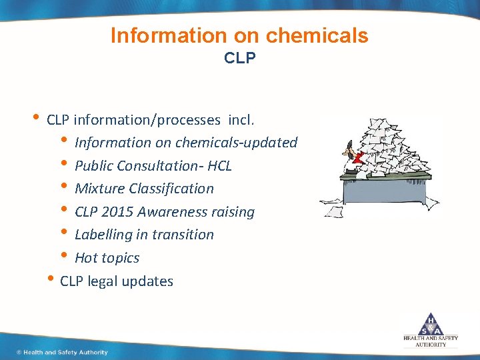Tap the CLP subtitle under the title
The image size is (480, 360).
click(240, 58)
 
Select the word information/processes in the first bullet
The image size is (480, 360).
click(147, 120)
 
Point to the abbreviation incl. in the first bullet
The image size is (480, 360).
click(245, 120)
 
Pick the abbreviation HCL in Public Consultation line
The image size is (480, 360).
click(219, 165)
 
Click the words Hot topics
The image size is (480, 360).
click(107, 258)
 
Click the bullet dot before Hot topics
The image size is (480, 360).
click(64, 256)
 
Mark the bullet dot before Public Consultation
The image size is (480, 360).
click(64, 163)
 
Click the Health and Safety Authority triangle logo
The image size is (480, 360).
click(430, 323)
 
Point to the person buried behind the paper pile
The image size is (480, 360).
click(349, 159)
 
